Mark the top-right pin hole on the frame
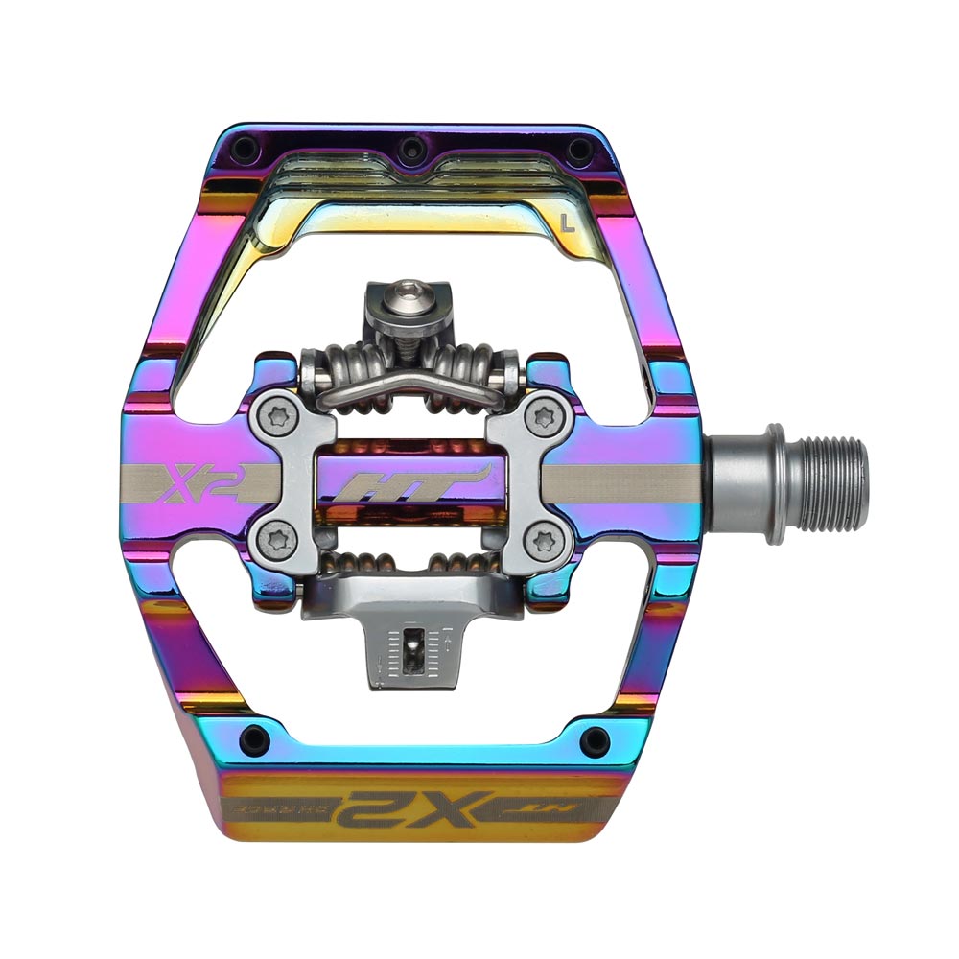click(575, 150)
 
